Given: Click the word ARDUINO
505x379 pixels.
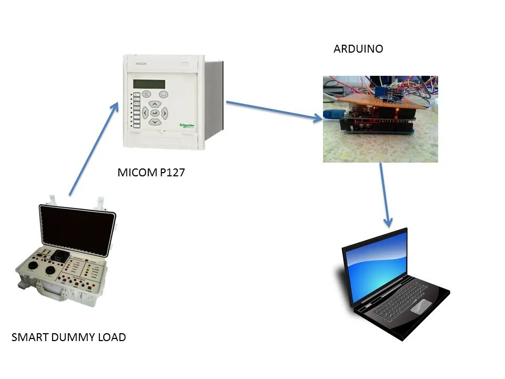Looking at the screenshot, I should point(358,49).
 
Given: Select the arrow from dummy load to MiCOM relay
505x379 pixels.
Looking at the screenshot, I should point(94,149).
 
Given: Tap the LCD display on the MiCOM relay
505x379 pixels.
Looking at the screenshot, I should point(149,84).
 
